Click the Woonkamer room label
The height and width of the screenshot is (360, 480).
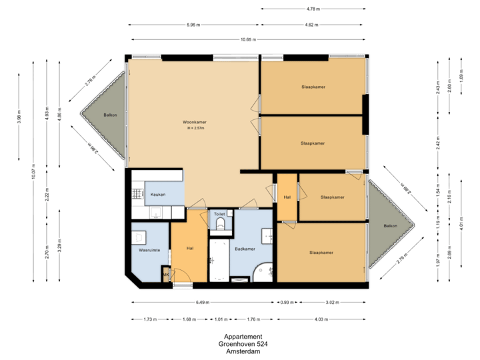tap(192, 122)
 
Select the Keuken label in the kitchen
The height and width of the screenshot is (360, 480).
tap(158, 194)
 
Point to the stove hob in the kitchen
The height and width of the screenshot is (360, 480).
tap(137, 194)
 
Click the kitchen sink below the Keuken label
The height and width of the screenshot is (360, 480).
tap(155, 213)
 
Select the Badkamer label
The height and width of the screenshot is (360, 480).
tap(245, 249)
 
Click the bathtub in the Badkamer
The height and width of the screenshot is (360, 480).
tap(219, 261)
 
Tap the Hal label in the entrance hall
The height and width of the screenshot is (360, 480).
tap(190, 249)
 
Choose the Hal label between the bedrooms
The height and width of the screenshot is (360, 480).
tap(287, 197)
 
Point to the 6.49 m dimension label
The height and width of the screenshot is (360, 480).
tap(201, 302)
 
